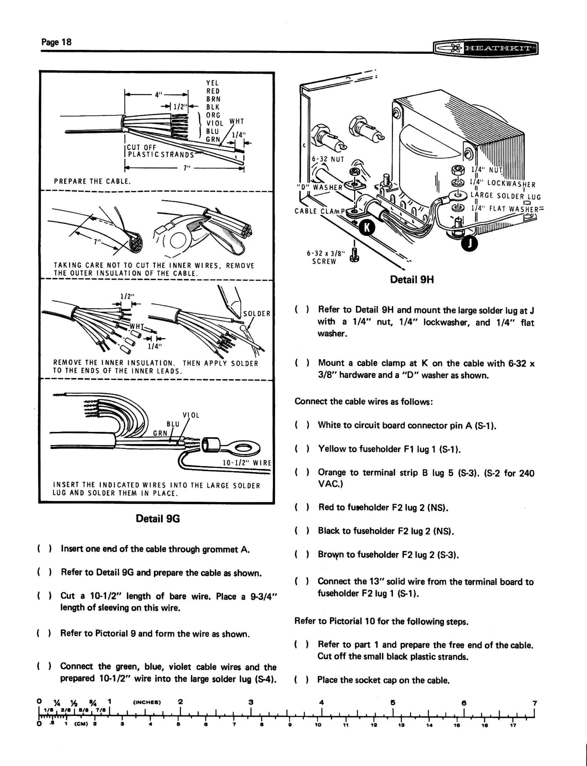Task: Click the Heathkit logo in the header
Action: [x=485, y=48]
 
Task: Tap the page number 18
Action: [x=56, y=42]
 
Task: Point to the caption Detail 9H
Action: [x=412, y=280]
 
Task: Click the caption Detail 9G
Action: [x=158, y=519]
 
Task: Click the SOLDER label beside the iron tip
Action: [x=257, y=314]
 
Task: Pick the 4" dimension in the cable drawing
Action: [x=159, y=94]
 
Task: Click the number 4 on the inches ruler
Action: [x=322, y=702]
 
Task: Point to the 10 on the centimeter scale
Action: [x=318, y=725]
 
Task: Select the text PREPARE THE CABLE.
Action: [x=92, y=181]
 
